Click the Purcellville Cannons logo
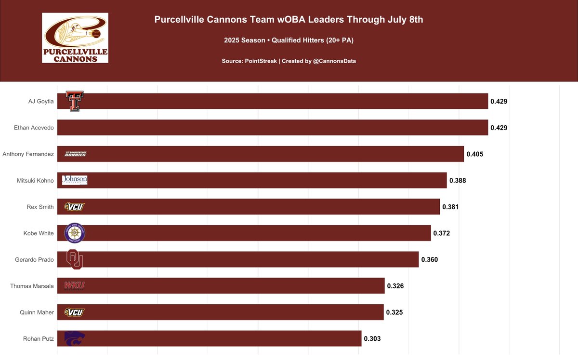coord(75,38)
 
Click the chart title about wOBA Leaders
coord(289,20)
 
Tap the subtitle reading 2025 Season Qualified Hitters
coord(289,40)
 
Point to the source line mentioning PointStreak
coord(289,61)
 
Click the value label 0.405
coord(474,154)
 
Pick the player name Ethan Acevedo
coord(35,128)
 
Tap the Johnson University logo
coord(75,180)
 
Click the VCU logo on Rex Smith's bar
coord(75,207)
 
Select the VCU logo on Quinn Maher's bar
coord(75,312)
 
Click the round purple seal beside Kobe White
coord(75,233)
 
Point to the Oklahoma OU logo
coord(75,259)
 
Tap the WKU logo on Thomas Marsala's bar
coord(75,286)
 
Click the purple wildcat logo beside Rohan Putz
coord(75,338)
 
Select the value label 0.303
coord(372,339)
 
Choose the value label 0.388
coord(458,181)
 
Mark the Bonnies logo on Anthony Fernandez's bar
coord(76,154)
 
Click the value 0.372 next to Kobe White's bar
coord(442,233)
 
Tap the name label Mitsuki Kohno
coord(35,181)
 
